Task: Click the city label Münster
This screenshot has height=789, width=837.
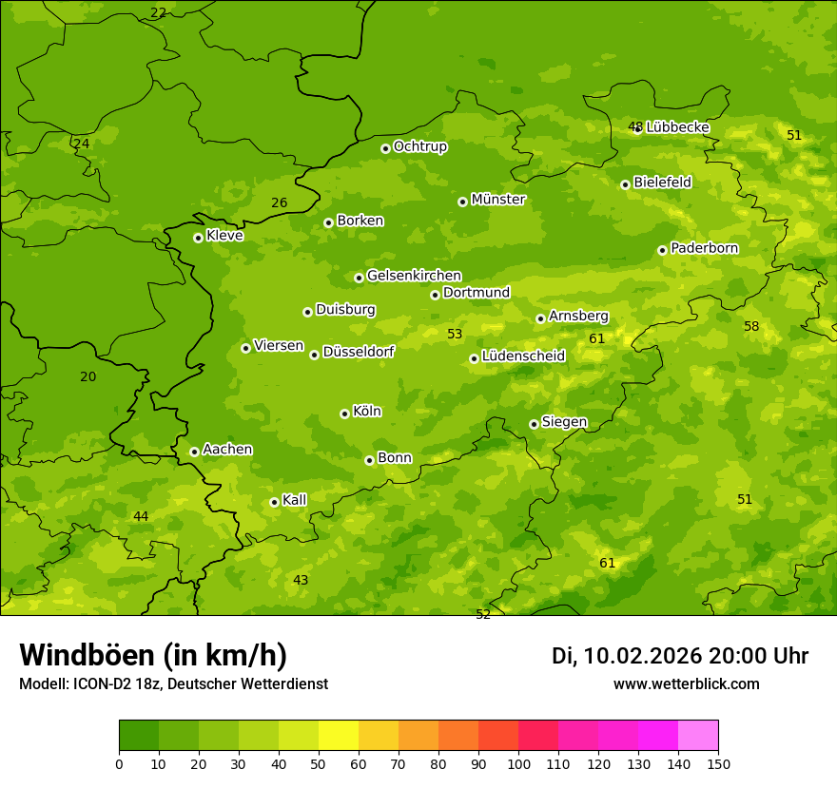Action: click(498, 200)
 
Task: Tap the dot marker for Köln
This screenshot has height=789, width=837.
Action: click(344, 414)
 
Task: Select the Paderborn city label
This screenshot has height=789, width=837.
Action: click(704, 248)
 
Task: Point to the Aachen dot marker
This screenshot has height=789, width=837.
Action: click(194, 452)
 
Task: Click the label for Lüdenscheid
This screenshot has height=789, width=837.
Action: click(523, 356)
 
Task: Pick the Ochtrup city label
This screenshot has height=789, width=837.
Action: click(419, 146)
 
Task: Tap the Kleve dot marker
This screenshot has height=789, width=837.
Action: click(198, 238)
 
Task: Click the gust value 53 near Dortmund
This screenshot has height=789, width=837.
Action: click(455, 334)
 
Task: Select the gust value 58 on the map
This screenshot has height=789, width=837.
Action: click(751, 326)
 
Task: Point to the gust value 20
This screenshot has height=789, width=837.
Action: click(88, 376)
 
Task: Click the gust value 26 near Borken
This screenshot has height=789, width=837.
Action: click(279, 202)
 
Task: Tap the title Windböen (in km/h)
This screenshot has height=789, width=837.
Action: click(153, 655)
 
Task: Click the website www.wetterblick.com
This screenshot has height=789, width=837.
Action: click(686, 683)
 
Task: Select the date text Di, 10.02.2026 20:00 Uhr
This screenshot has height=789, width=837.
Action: click(679, 656)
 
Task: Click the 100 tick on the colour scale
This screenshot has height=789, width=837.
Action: click(518, 763)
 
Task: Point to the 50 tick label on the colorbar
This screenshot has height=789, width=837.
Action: click(319, 763)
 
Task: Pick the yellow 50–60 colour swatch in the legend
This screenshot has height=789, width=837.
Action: click(339, 736)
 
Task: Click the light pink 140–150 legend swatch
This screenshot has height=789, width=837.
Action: click(698, 736)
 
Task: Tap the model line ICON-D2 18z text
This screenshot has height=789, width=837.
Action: click(173, 683)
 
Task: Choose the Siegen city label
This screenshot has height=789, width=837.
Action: click(564, 422)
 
